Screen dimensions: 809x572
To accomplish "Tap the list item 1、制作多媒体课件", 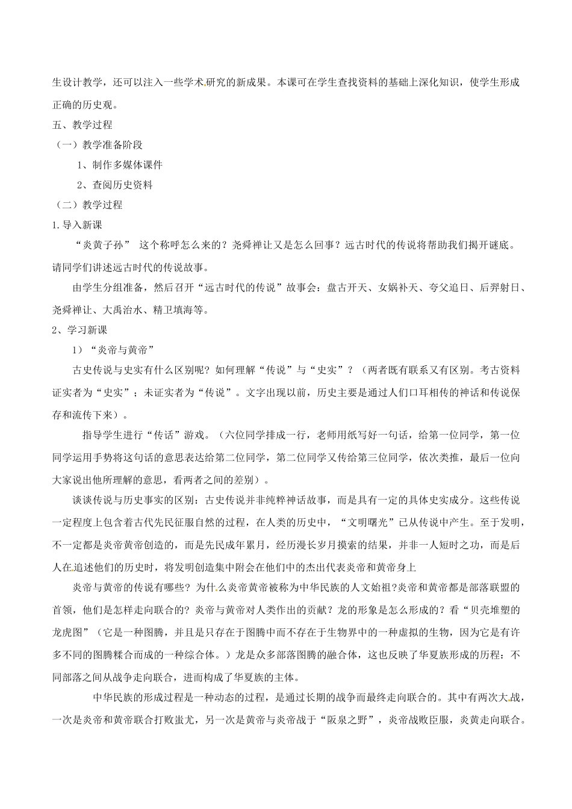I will (120, 165).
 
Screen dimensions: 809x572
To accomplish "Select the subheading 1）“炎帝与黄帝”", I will (114, 350).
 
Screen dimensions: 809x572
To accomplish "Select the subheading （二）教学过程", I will (89, 205).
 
